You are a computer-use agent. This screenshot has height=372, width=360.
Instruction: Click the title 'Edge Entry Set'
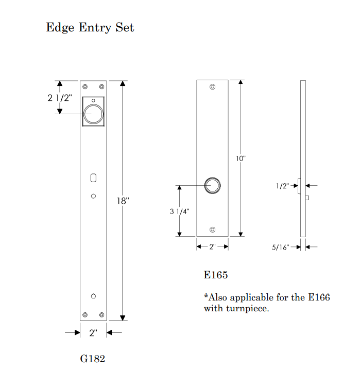pos(90,27)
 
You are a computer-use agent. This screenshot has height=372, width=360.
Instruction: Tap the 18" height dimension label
pos(123,201)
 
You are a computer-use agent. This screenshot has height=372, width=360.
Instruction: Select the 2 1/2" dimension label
pos(60,98)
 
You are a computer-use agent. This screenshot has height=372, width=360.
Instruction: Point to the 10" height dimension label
pos(241,158)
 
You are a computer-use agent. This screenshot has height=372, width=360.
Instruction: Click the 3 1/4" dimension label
pos(179,211)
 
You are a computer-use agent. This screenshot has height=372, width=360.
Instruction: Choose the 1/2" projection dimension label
pos(282,186)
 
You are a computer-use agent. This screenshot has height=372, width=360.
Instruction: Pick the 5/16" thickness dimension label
pos(281,247)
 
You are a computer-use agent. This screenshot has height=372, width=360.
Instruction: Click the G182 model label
pos(92,359)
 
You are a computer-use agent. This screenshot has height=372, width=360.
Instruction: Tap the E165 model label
pos(216,275)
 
